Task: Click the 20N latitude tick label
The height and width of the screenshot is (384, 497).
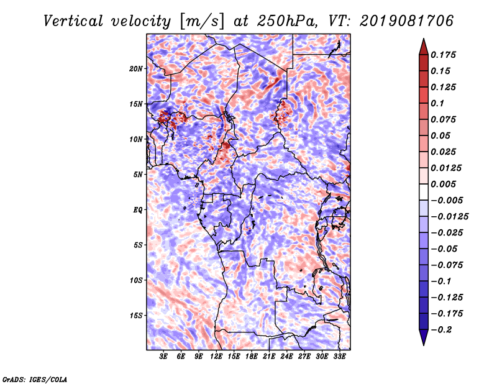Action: point(136,68)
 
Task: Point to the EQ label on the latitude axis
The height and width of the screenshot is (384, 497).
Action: point(137,210)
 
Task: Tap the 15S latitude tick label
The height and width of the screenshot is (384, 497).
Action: point(136,316)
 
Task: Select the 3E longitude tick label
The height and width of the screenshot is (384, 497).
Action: point(163,356)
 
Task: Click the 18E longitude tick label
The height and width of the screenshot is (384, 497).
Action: point(252,356)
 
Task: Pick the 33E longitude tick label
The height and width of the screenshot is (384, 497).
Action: point(339,356)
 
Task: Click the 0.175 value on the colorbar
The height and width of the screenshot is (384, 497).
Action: point(443,55)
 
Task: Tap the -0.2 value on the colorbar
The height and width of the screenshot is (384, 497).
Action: point(441,330)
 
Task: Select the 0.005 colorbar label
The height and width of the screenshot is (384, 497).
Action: point(443,184)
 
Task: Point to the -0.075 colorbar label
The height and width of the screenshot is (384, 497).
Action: point(447,265)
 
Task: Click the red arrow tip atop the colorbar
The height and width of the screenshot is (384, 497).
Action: point(424,39)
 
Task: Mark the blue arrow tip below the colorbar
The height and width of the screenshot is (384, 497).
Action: point(424,345)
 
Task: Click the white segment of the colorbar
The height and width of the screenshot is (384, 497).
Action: point(424,192)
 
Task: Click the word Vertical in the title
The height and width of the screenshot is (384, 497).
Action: point(73,21)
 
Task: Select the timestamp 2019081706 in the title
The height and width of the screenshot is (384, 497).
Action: point(407,21)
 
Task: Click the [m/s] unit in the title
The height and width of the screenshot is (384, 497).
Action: point(202,22)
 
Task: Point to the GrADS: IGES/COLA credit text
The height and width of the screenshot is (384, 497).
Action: point(35,380)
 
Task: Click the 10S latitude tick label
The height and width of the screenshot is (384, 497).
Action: point(136,280)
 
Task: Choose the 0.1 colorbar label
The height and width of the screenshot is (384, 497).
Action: point(437,103)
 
